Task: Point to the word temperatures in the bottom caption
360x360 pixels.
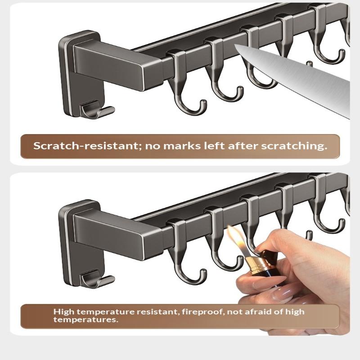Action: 85,319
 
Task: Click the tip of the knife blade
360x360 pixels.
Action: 234,45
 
